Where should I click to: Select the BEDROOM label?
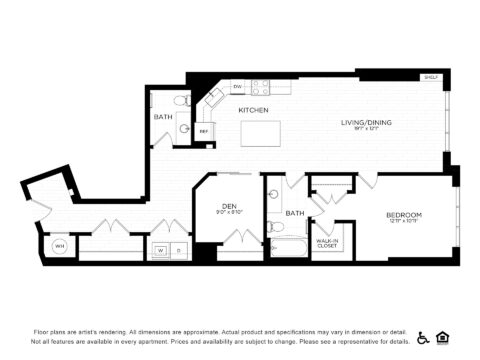(x=404, y=214)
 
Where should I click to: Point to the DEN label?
(x=229, y=205)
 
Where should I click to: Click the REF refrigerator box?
(x=204, y=130)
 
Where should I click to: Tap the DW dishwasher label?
(x=237, y=87)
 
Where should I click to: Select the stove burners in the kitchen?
(x=260, y=87)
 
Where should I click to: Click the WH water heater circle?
(x=59, y=245)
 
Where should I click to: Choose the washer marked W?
(x=160, y=250)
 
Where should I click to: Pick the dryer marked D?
(x=178, y=250)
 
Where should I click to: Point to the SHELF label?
(x=431, y=76)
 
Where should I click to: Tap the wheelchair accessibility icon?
(x=423, y=338)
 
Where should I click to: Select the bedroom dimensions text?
(x=404, y=221)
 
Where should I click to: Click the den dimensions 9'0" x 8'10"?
(x=229, y=212)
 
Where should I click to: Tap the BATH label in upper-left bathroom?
(x=163, y=117)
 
